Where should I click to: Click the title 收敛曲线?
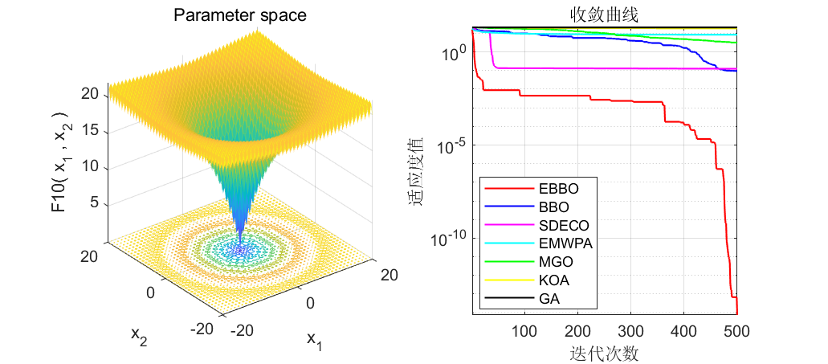604,16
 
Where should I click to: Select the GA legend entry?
528,299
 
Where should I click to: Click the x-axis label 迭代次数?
604,353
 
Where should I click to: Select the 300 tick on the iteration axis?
631,331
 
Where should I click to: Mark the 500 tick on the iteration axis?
736,331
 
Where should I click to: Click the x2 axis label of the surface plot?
139,335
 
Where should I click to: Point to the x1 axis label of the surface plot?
314,341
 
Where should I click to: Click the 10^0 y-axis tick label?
452,51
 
